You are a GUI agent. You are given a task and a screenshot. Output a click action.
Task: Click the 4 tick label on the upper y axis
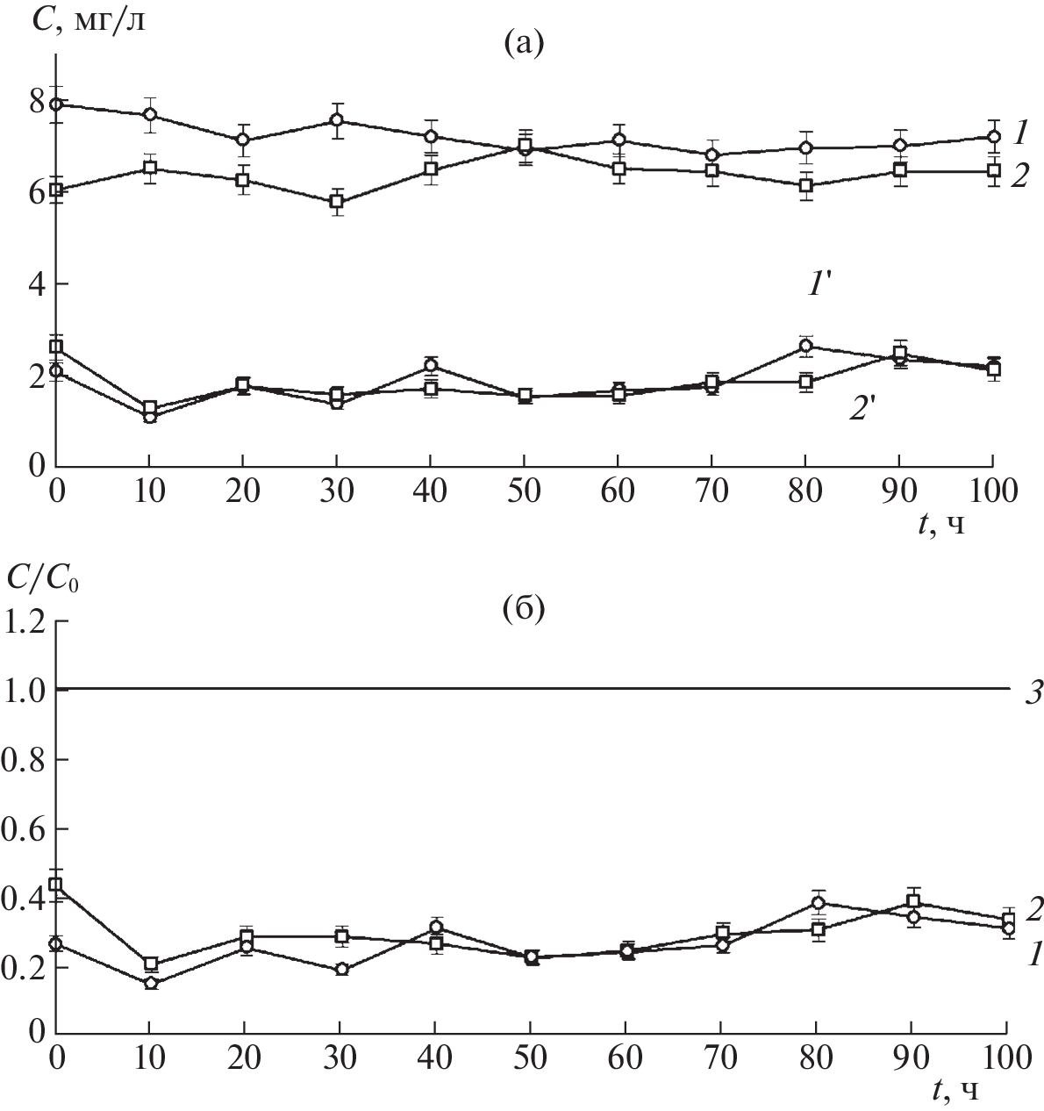coord(34,284)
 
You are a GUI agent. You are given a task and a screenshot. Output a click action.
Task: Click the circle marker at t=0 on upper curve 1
coord(56,104)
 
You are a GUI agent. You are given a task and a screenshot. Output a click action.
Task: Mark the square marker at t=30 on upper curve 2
coord(337,202)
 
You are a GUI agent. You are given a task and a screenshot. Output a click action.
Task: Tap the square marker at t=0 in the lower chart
coord(56,884)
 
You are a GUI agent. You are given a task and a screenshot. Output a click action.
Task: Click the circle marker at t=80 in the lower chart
coord(818,903)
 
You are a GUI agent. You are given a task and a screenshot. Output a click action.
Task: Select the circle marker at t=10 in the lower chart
coord(150,983)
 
